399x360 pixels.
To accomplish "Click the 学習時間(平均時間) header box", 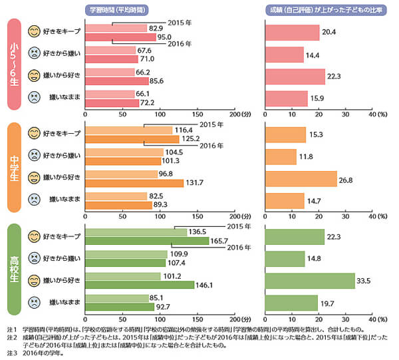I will click(x=118, y=9).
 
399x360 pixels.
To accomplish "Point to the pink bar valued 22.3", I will click(x=295, y=77).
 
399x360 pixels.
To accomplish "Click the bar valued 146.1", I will click(x=139, y=285).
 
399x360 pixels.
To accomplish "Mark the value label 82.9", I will click(x=157, y=28).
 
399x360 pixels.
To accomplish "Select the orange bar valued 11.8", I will click(x=281, y=156).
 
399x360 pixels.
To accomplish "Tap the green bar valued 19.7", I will click(x=291, y=303).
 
